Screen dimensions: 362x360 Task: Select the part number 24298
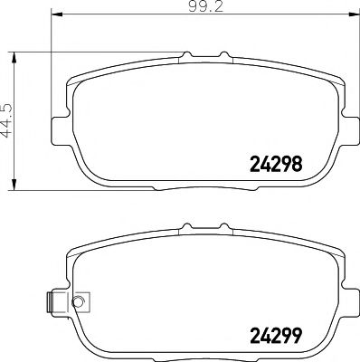tap(274, 165)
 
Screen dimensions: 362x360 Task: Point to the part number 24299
tap(274, 337)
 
